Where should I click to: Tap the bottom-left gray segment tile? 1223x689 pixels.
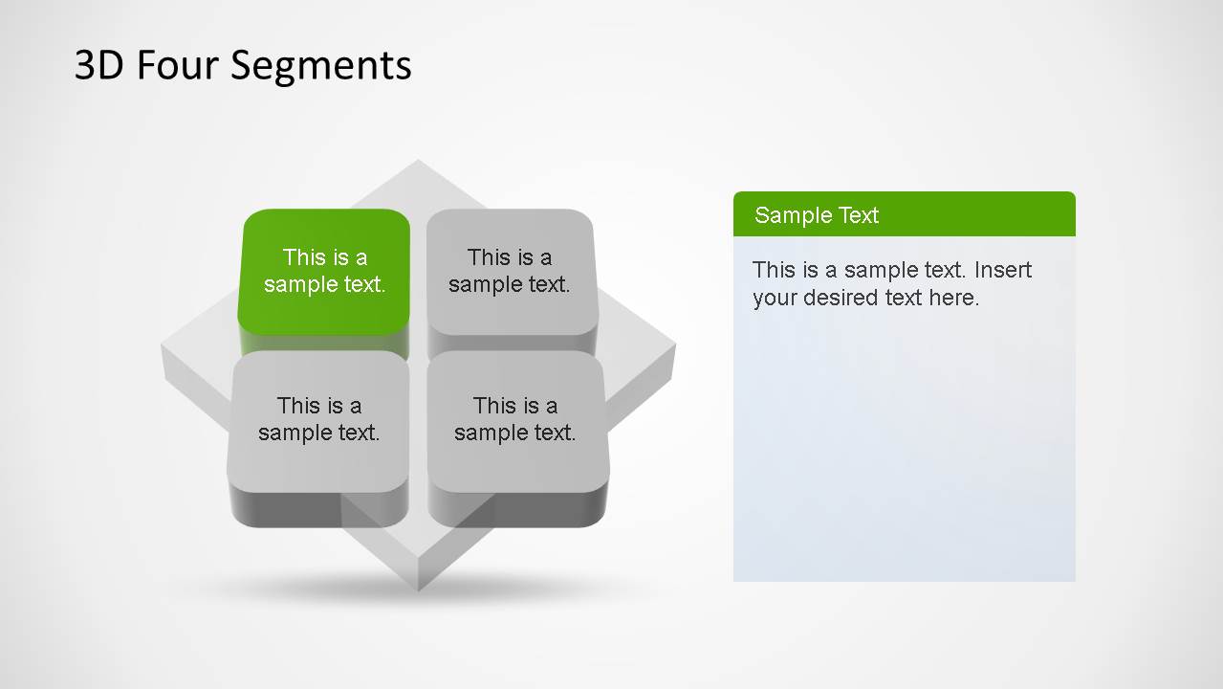point(319,420)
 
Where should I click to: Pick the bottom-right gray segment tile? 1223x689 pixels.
point(515,420)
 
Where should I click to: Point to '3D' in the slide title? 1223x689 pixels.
point(99,66)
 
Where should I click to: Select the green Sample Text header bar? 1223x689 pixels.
point(904,214)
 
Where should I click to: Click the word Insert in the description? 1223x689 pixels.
point(1003,270)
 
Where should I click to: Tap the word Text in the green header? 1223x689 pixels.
point(858,215)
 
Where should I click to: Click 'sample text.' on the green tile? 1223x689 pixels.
point(325,284)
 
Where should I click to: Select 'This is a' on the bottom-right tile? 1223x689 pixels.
point(515,406)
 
